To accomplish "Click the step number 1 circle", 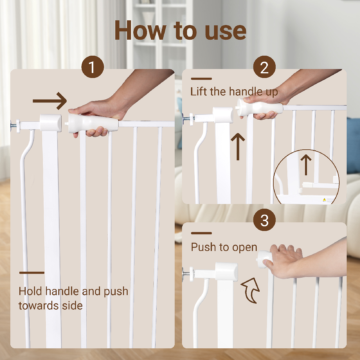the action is coord(93,67).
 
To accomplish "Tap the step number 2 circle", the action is coord(264,67).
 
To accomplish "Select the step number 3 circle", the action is coord(264,220).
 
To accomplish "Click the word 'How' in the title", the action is coord(140,30).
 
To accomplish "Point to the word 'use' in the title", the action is coord(225,32).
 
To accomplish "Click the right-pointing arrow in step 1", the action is coord(50,101).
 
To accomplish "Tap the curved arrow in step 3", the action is coord(251,290).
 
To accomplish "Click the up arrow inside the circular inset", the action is coord(306,165).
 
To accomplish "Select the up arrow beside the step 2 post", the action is coord(238,146).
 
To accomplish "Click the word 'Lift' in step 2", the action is coord(199,91).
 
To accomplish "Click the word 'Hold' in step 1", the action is coord(30,291).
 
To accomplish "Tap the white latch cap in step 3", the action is coord(226,272).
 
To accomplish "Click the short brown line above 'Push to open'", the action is coord(201,233).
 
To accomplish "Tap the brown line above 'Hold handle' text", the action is coord(32,273).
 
